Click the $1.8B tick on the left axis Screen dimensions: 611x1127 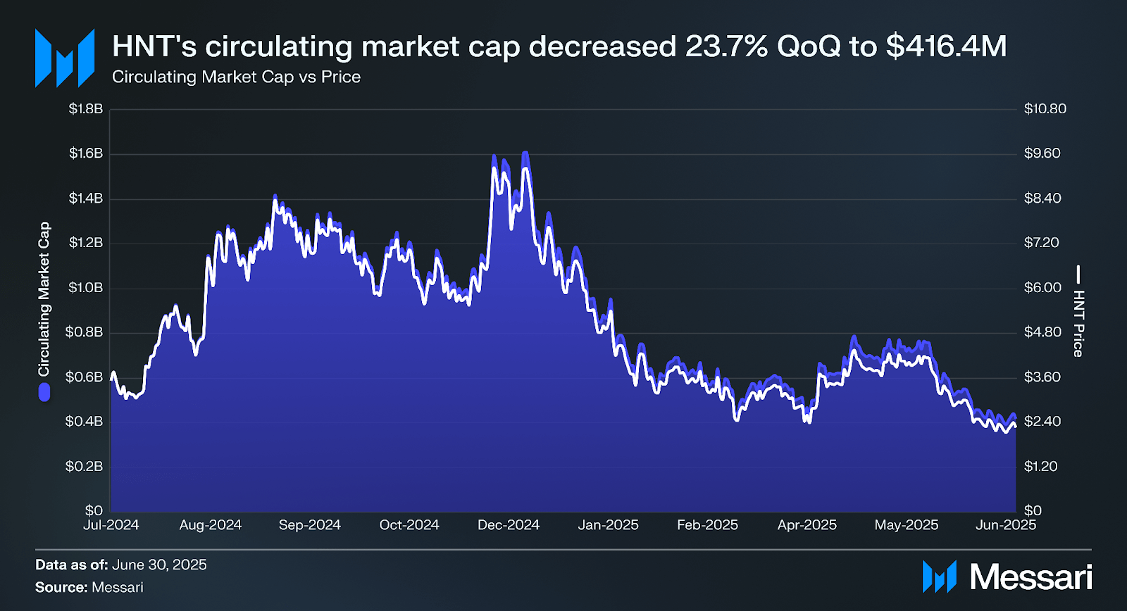pyautogui.click(x=85, y=109)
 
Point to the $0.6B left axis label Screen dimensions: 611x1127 pyautogui.click(x=84, y=377)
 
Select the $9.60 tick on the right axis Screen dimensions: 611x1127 pyautogui.click(x=1042, y=153)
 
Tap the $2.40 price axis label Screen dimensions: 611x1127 pyautogui.click(x=1042, y=422)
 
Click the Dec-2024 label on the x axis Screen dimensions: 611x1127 pyautogui.click(x=508, y=525)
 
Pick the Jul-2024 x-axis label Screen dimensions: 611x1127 pyautogui.click(x=111, y=525)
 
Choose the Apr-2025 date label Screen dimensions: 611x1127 pyautogui.click(x=807, y=525)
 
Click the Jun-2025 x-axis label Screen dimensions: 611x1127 pyautogui.click(x=1005, y=525)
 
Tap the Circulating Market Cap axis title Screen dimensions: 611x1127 pyautogui.click(x=44, y=299)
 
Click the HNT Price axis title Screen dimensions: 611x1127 pyautogui.click(x=1078, y=323)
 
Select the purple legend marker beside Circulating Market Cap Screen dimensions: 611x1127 pyautogui.click(x=44, y=392)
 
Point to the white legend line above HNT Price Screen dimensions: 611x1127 pyautogui.click(x=1078, y=274)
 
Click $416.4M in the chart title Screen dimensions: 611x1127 pyautogui.click(x=946, y=46)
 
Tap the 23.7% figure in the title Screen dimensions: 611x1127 pyautogui.click(x=726, y=46)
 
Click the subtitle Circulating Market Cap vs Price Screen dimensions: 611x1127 pyautogui.click(x=236, y=77)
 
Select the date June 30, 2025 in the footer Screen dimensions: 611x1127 pyautogui.click(x=159, y=565)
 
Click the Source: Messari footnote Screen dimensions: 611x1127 pyautogui.click(x=89, y=587)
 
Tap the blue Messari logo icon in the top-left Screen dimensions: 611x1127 pyautogui.click(x=65, y=58)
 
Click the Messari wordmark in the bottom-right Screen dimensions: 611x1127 pyautogui.click(x=1031, y=577)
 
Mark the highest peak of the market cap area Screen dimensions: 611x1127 pyautogui.click(x=525, y=152)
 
